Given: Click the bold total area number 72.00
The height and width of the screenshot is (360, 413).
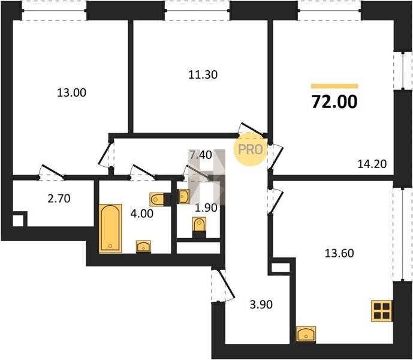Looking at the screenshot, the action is point(334,102).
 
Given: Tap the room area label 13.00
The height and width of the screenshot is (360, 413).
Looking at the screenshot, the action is point(72,93).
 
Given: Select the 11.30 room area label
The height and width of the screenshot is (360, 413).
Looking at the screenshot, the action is point(203,74).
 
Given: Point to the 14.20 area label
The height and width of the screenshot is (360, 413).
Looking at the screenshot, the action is point(372,164).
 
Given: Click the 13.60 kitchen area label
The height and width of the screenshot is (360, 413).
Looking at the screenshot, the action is point(339,253).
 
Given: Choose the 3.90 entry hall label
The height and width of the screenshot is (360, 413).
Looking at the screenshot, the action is point(261,305).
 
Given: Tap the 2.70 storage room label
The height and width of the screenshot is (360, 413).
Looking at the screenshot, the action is point(59,199).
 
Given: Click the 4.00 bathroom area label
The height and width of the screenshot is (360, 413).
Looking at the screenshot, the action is point(141,214).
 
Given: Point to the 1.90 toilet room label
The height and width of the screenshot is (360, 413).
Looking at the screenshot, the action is point(206,208).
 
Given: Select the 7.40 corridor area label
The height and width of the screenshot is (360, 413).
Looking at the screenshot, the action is point(201,155).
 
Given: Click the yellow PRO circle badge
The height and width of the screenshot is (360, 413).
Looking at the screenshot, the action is point(250,149).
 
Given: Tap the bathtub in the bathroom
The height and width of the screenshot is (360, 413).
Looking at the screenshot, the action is point(110,229).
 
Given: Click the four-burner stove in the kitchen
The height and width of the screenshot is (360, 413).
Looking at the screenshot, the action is point(381,311).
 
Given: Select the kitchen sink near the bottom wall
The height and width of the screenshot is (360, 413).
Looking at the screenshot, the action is point(306,334).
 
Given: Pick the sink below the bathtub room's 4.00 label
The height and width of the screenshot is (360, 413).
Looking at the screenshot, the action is point(143,247).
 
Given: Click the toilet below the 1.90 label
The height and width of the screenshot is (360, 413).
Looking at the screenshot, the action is point(199,225).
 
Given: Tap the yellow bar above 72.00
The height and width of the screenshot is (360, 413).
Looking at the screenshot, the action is point(334,86).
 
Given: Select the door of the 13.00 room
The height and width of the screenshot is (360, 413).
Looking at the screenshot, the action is point(52,172).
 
